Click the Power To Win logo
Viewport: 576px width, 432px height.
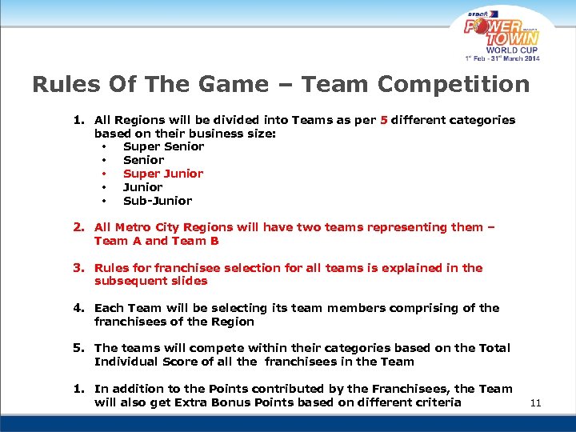(502, 32)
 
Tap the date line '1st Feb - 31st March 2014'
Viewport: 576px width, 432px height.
(503, 58)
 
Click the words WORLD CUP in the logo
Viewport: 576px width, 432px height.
(512, 49)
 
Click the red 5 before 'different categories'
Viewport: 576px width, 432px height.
(384, 120)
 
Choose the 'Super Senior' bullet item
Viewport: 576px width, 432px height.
(163, 146)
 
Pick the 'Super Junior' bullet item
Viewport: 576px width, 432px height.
(163, 174)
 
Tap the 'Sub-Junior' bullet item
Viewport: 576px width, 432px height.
(158, 201)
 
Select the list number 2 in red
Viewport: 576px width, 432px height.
(78, 227)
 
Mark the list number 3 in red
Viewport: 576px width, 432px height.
(78, 268)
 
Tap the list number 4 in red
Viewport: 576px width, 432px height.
(78, 308)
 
